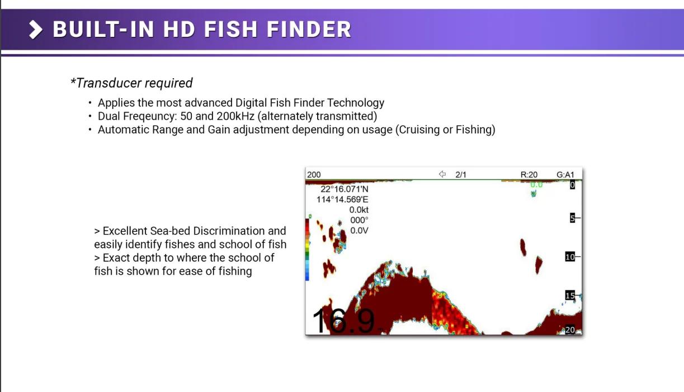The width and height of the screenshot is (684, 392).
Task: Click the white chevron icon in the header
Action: coord(36,30)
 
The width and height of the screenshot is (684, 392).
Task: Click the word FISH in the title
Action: coord(231,30)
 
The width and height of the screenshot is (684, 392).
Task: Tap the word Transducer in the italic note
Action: coord(109,83)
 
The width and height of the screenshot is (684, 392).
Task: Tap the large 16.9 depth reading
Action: coord(343,321)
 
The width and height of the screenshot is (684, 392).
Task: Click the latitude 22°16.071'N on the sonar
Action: coord(345,189)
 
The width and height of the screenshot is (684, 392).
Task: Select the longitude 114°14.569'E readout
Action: coord(342,200)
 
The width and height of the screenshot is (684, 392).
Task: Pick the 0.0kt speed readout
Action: coord(359,210)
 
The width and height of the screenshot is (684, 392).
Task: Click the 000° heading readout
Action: coord(359,220)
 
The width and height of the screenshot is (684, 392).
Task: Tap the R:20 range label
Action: coord(529,175)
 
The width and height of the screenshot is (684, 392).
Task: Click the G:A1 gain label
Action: coord(565,175)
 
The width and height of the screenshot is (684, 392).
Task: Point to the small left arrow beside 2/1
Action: coord(442,174)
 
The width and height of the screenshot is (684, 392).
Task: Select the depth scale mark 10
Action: coord(570,257)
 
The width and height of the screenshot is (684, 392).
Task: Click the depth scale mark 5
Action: coord(572,218)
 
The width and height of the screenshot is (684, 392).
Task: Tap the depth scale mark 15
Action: coord(570,295)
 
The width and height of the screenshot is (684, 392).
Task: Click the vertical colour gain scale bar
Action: coord(307,249)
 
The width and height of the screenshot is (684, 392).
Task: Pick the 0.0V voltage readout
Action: coord(359,231)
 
